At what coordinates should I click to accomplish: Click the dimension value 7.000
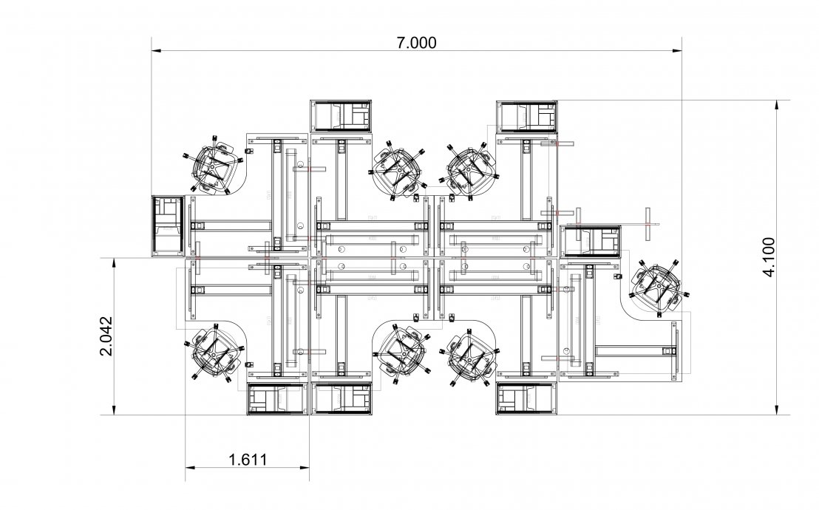[x=416, y=42]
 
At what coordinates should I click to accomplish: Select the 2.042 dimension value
[x=106, y=336]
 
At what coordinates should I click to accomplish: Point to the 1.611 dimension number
[x=248, y=460]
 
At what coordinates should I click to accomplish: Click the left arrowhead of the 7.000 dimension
[x=156, y=51]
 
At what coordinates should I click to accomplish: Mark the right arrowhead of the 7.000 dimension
[x=677, y=51]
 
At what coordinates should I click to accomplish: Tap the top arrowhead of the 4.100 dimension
[x=777, y=104]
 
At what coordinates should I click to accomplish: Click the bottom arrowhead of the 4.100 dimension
[x=777, y=410]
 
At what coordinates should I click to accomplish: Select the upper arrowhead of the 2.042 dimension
[x=114, y=262]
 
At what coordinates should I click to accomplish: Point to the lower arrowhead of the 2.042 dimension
[x=114, y=410]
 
